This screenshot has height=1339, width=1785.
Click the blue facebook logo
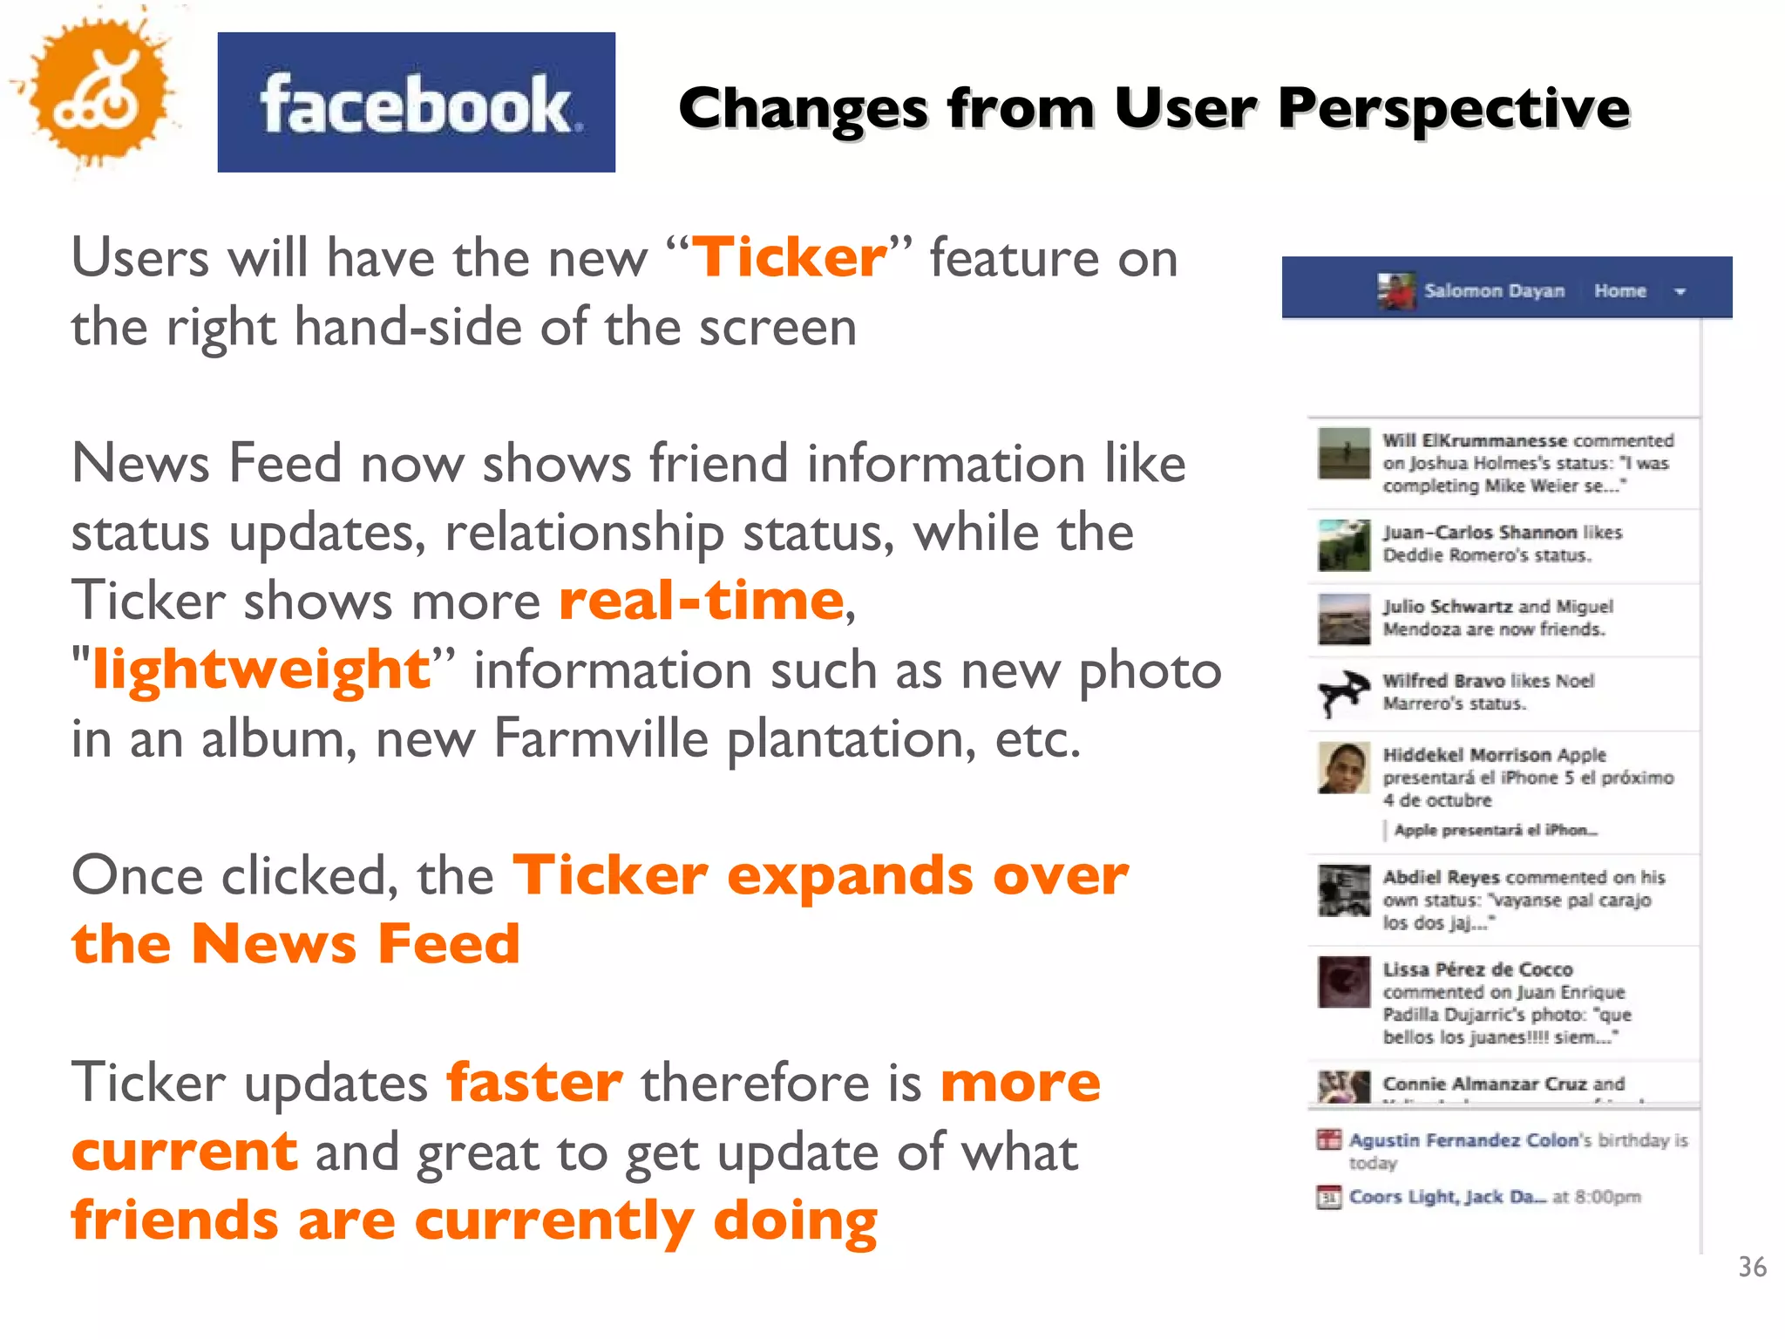[416, 102]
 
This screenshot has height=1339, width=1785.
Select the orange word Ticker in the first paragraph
[789, 258]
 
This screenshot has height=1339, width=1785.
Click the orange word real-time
[702, 601]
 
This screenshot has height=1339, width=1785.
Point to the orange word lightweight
[261, 669]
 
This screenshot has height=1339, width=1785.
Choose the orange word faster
[534, 1083]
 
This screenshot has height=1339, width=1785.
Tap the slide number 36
[1752, 1267]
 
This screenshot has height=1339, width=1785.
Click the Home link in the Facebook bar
[1619, 291]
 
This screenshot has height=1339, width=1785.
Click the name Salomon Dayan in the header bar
[1494, 291]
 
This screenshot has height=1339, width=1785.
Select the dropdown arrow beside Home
[1680, 292]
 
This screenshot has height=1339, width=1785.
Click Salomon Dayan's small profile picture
[1396, 291]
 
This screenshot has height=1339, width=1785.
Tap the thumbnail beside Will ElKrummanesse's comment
[1343, 453]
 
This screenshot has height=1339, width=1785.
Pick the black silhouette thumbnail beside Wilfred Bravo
[1343, 693]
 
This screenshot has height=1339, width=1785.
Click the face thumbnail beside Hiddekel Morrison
[1343, 768]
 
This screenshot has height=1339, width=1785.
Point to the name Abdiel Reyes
[1441, 877]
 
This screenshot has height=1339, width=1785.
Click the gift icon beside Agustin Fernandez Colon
[1328, 1139]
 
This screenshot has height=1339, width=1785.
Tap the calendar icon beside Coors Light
[1328, 1197]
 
